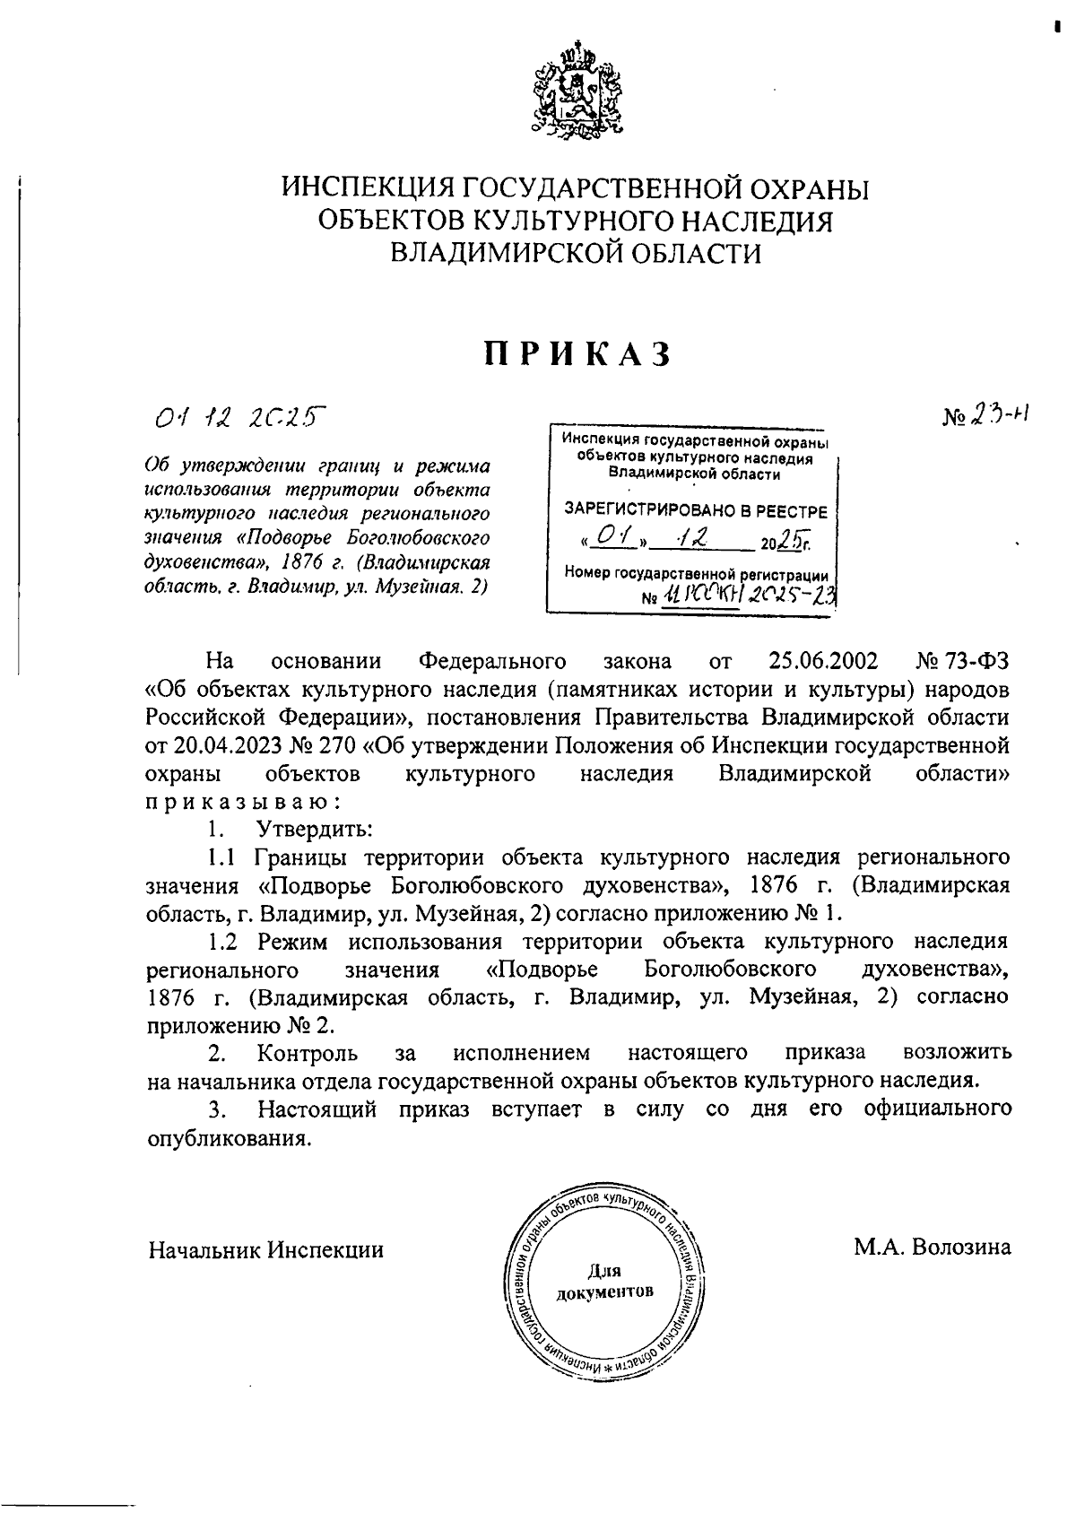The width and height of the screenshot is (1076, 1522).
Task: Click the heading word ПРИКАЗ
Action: tap(577, 355)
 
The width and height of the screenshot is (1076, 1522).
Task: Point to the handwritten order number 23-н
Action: tap(997, 413)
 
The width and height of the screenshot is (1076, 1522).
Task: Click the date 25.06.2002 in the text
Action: tap(823, 662)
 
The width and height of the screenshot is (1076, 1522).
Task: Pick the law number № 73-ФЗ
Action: tap(963, 662)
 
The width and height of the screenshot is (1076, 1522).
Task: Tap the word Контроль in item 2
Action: tap(308, 1052)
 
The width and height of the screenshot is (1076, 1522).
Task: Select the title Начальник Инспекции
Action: tap(266, 1248)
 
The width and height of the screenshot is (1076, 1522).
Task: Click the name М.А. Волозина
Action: tap(933, 1247)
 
